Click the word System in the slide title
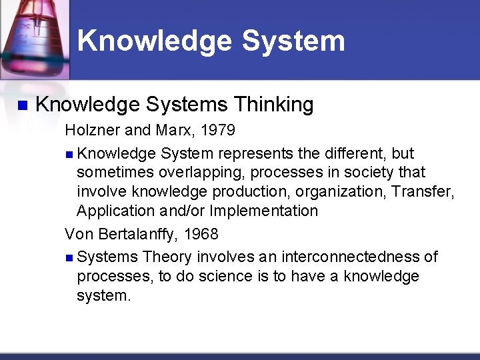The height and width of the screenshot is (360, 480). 293,41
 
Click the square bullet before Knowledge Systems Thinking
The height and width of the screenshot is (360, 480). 22,105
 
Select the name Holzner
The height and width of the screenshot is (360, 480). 91,129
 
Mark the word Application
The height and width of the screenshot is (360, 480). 115,211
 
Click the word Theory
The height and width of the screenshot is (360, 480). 167,257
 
